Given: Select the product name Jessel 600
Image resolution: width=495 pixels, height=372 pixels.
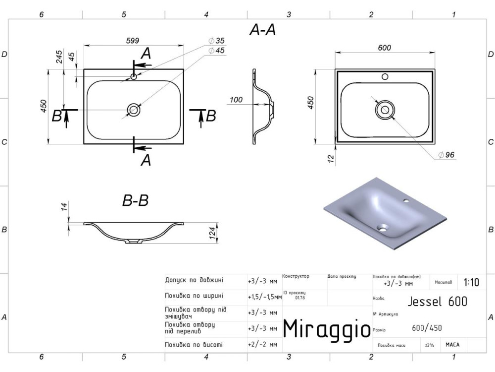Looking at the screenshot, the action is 438,301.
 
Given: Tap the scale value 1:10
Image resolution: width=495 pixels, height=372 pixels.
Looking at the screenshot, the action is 471,283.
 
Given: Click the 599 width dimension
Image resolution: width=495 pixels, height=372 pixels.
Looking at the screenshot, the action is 132,41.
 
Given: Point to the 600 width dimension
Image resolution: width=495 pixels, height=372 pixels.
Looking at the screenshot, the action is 384,48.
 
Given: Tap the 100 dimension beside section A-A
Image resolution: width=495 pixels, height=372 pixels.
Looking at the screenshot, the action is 236,100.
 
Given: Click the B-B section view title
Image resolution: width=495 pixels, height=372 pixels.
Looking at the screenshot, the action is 135,200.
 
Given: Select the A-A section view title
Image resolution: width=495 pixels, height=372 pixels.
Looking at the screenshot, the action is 262,31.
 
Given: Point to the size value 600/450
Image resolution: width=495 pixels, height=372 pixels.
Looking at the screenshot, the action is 427,327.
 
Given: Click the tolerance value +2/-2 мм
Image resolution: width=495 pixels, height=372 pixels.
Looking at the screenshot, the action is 262,345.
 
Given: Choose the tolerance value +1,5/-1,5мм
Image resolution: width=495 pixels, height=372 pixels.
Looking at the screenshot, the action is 264,297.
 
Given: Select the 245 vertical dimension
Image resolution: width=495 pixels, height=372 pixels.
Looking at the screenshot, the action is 59,58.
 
